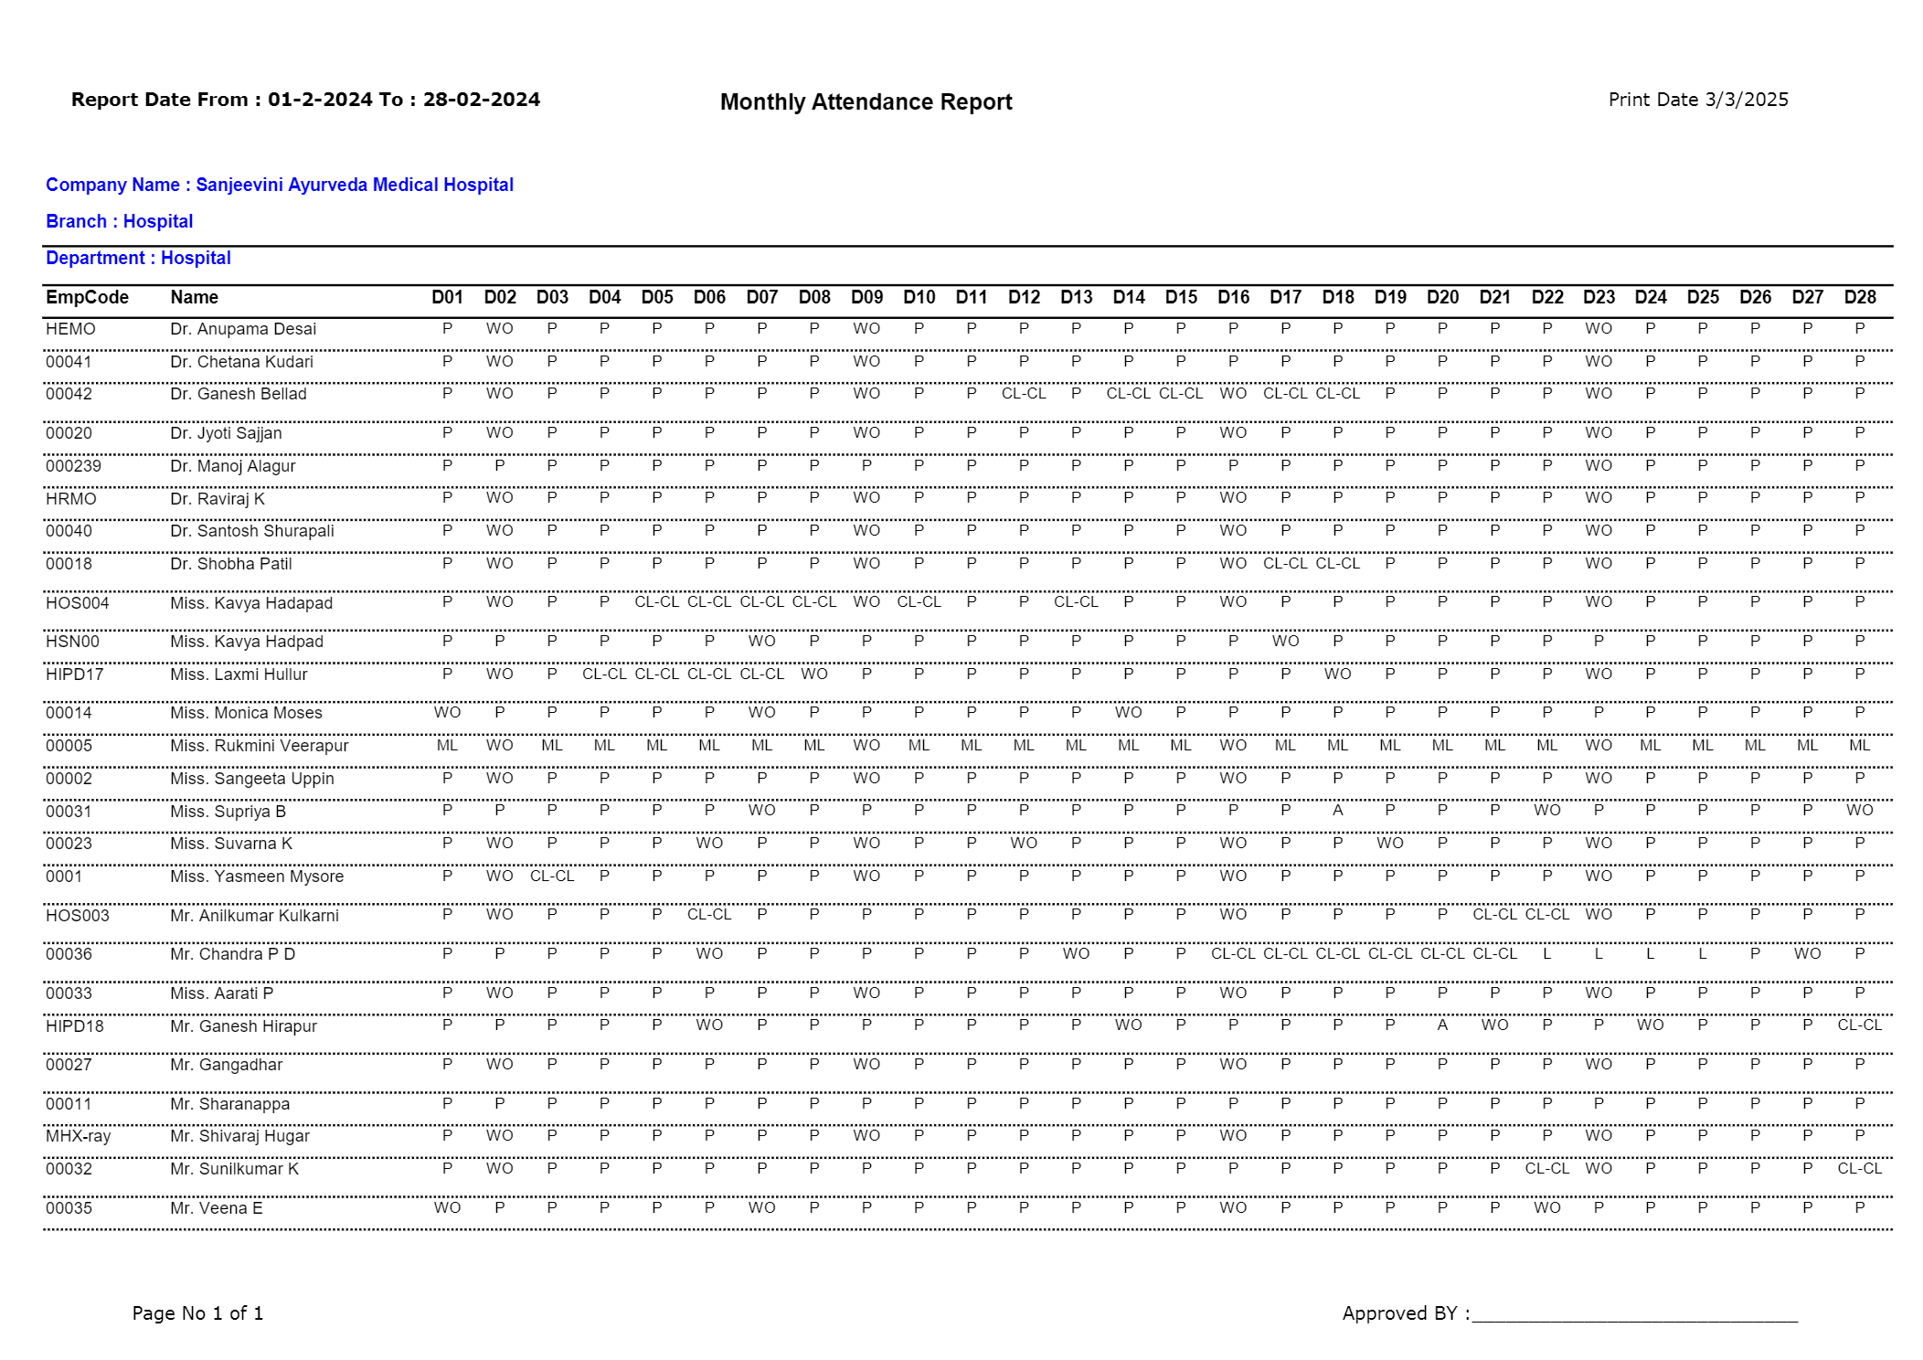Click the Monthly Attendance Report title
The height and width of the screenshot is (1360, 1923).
click(x=866, y=102)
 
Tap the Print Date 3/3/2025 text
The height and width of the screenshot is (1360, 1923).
click(x=1697, y=100)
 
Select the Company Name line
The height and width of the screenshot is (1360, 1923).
click(x=280, y=185)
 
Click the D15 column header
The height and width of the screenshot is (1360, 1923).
click(x=1181, y=297)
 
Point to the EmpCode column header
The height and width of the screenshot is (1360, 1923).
click(x=87, y=297)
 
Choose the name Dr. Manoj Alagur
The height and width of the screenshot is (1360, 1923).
click(x=232, y=466)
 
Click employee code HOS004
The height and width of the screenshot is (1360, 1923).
click(x=78, y=603)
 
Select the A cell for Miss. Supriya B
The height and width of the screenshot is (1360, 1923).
click(x=1337, y=811)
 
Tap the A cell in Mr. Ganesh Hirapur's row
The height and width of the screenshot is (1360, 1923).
click(x=1442, y=1025)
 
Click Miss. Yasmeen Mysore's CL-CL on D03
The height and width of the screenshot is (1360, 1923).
click(x=552, y=877)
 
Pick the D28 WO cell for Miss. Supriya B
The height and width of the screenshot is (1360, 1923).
click(x=1859, y=811)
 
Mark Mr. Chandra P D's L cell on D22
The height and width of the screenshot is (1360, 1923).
click(x=1546, y=954)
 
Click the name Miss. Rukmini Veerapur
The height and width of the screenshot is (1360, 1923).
click(x=259, y=746)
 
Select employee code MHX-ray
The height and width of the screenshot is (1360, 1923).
click(x=78, y=1136)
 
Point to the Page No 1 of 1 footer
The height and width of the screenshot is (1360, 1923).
click(x=197, y=1313)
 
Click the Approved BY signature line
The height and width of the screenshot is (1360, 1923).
click(x=1633, y=1319)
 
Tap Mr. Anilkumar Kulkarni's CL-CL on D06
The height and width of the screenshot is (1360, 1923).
click(x=709, y=915)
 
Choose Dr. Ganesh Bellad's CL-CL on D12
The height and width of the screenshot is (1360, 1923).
click(x=1024, y=394)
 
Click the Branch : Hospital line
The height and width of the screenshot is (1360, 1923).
click(x=120, y=221)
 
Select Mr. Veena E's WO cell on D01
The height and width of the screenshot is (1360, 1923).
click(x=447, y=1208)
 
